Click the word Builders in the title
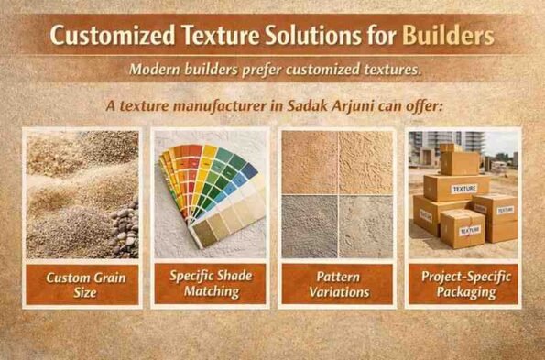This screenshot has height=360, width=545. pos(449,37)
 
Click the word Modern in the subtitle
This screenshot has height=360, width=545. pos(154,70)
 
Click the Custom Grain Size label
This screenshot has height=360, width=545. pos(82,283)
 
